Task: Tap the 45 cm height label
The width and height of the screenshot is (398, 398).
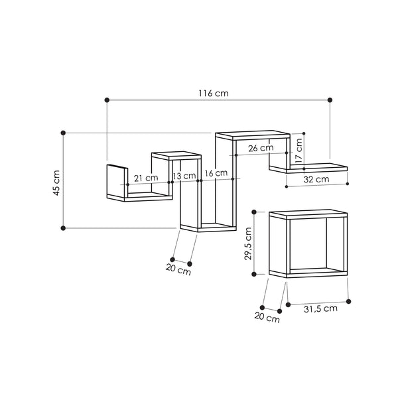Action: pos(57,181)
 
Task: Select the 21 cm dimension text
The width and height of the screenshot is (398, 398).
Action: pos(145,178)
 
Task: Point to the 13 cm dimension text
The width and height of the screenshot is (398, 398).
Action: pos(185,176)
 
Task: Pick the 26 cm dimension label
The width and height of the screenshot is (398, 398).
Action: pos(261,148)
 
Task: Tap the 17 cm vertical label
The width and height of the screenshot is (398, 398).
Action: pos(299,151)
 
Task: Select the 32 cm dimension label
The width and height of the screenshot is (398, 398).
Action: pos(316,179)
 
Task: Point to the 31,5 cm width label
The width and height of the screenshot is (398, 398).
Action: pos(320,308)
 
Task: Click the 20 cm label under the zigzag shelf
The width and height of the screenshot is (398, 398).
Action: pos(179,271)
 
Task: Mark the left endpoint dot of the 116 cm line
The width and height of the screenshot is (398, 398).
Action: pos(106,100)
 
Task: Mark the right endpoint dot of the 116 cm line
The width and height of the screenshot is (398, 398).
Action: pos(330,100)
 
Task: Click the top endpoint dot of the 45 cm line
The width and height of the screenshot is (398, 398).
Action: pos(63,133)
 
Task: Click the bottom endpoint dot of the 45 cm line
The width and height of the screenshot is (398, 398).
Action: pos(63,228)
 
